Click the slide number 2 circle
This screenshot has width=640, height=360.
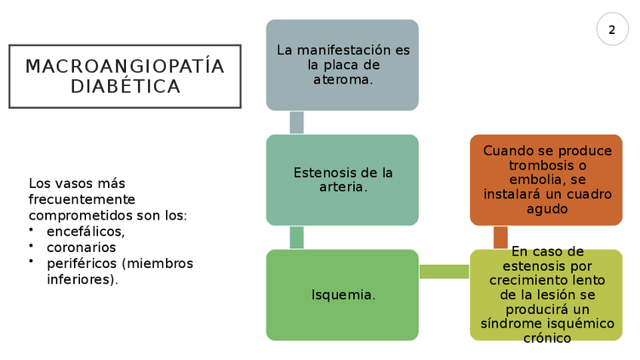pos(611,30)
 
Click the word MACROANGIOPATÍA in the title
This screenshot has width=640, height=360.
pos(125,67)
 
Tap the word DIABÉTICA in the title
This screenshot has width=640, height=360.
pos(125,87)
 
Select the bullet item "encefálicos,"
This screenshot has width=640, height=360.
pos(85,232)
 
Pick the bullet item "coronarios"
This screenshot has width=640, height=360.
pos(82,248)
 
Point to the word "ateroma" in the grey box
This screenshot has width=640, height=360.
pos(341,79)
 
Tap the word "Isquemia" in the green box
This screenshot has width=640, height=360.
pos(342,295)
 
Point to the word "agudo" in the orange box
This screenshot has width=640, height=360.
pos(547,209)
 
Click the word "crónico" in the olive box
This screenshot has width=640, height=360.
pos(547,339)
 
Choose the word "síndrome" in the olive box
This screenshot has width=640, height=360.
pos(511,325)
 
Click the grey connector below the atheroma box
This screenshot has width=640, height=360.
pos(297,122)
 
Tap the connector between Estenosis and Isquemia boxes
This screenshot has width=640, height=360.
pos(297,237)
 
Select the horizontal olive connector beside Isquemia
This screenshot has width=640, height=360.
pos(444,272)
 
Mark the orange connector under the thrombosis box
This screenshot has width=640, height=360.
pos(500,236)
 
